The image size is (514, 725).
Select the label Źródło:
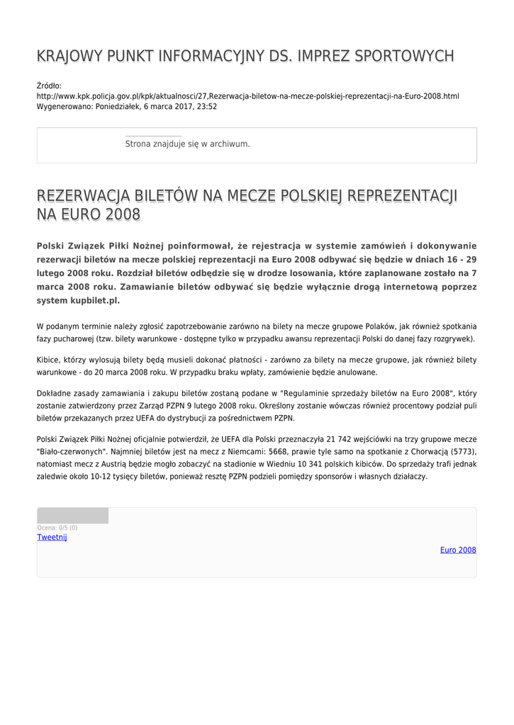click(49, 86)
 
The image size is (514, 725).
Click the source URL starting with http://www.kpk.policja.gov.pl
click(247, 96)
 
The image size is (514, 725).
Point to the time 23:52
click(206, 107)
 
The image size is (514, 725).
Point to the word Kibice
click(49, 360)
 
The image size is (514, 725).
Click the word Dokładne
click(55, 393)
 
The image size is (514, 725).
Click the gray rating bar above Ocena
click(72, 515)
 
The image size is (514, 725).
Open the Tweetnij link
click(52, 537)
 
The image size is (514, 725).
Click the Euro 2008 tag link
click(458, 550)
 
